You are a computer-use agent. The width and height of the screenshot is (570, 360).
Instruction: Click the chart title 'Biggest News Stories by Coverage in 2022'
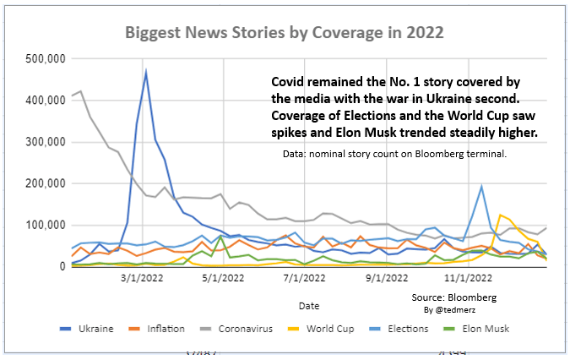[285, 32]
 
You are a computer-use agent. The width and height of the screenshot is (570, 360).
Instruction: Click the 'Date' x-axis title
[308, 304]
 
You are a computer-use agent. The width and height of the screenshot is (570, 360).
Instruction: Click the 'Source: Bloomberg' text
[454, 298]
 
